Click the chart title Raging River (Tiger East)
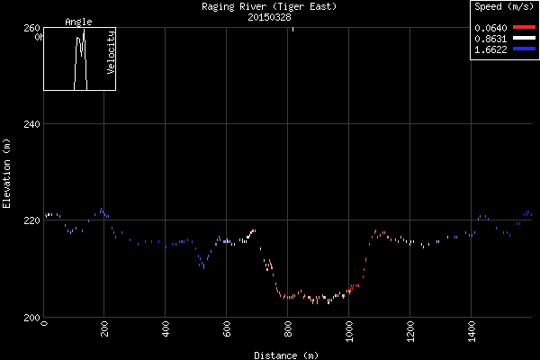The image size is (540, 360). (270, 6)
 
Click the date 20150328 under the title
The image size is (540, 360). (270, 16)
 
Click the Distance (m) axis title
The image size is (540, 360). (286, 355)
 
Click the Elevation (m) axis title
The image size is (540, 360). (7, 174)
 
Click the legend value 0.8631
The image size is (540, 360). (490, 39)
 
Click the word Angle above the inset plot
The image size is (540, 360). (78, 22)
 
